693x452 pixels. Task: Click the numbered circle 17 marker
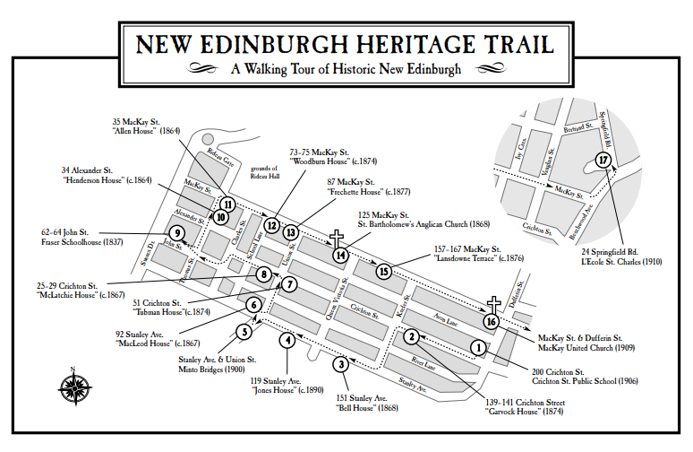click(x=603, y=160)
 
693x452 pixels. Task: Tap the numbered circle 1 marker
click(x=478, y=346)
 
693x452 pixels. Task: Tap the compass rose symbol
click(x=74, y=387)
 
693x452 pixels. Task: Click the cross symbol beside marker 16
click(x=492, y=305)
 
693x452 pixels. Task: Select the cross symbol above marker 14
click(x=338, y=238)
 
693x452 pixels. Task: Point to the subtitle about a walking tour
click(x=346, y=70)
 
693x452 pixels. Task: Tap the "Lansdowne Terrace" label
click(x=467, y=258)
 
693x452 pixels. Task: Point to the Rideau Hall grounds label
click(x=265, y=170)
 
